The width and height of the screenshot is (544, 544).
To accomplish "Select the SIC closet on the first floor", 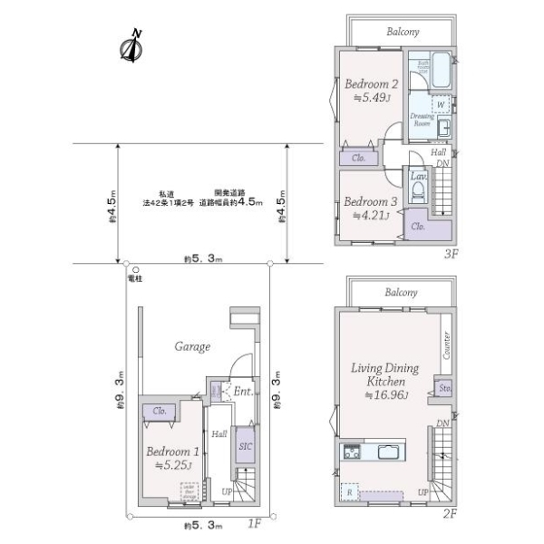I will pyautogui.click(x=244, y=447).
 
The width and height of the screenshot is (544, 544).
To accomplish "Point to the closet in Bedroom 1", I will pyautogui.click(x=159, y=411).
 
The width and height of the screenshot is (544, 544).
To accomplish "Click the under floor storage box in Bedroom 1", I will pyautogui.click(x=189, y=491).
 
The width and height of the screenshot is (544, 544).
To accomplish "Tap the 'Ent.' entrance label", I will pyautogui.click(x=241, y=392).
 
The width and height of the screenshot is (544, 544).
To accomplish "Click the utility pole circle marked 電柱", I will pyautogui.click(x=133, y=269).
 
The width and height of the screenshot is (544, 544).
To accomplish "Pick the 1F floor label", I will pyautogui.click(x=255, y=523).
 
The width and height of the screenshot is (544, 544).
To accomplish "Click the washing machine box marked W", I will pyautogui.click(x=440, y=104).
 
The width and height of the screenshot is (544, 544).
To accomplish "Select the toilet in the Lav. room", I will pyautogui.click(x=418, y=193).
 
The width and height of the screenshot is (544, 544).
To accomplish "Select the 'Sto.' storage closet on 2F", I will pyautogui.click(x=444, y=388).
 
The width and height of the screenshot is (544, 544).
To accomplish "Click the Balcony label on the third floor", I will pyautogui.click(x=402, y=32).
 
